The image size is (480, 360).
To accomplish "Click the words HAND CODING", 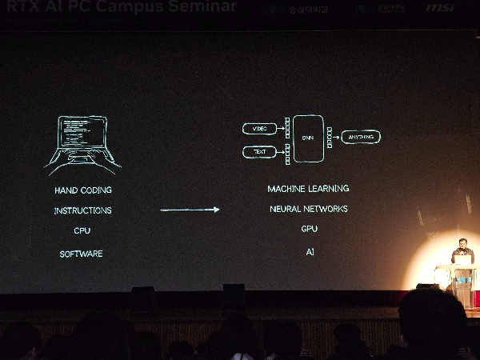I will [83, 190].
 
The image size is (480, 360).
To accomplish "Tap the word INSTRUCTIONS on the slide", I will [82, 210].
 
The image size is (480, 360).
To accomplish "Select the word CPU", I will [82, 230].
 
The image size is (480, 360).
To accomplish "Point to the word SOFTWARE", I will [82, 254].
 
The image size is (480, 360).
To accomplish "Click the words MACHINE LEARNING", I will [308, 189].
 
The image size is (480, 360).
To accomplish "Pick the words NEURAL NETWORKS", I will [309, 209].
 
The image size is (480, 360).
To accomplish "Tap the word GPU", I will [310, 229].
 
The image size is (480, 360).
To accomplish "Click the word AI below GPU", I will [310, 251].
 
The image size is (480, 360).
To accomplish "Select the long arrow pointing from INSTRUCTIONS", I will [190, 210].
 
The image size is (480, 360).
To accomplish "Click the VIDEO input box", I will [259, 129].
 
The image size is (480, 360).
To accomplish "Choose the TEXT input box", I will [259, 151].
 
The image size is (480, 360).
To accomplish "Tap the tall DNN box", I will [308, 138].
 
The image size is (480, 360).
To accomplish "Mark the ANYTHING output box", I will [360, 138].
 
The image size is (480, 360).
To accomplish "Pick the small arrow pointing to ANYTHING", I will [336, 138].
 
